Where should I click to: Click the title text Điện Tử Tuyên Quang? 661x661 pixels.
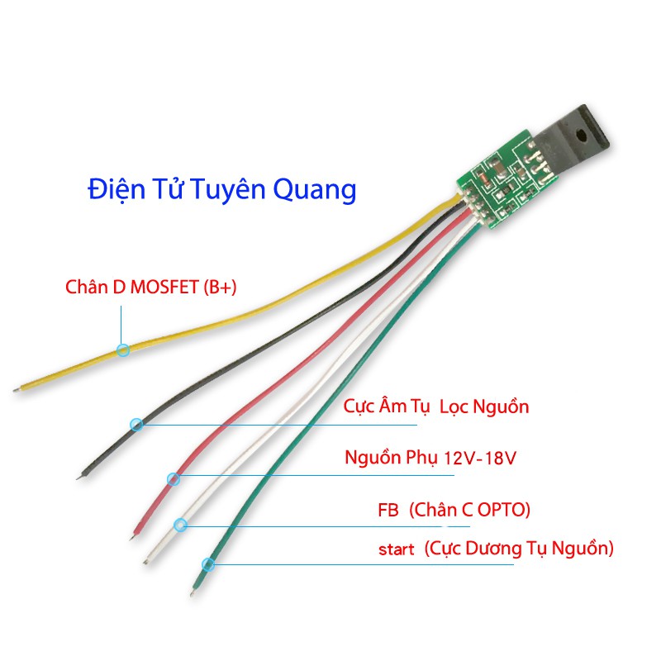click(x=221, y=189)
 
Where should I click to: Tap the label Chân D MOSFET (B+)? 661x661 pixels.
click(x=151, y=288)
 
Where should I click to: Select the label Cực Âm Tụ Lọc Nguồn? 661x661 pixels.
click(x=436, y=407)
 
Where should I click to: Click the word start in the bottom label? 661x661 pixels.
click(x=397, y=549)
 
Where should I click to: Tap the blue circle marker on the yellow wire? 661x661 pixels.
click(x=123, y=350)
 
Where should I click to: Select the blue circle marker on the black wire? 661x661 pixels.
click(x=137, y=425)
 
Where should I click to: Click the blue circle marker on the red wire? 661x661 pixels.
click(x=173, y=478)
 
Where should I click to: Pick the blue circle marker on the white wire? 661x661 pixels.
click(x=181, y=524)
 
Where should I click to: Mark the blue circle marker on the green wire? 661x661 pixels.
click(x=208, y=565)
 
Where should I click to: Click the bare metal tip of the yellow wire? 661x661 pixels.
click(x=18, y=388)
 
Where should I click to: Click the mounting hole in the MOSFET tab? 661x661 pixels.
click(x=583, y=129)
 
